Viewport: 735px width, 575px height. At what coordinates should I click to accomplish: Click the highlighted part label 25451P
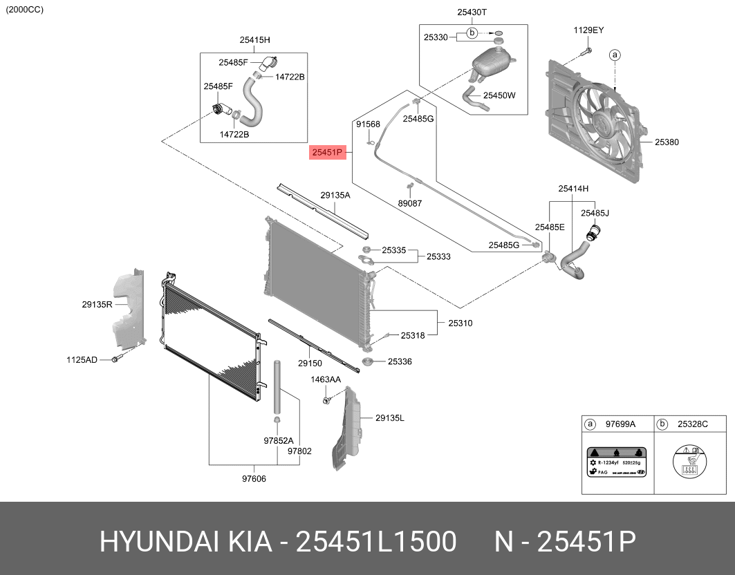click(x=327, y=153)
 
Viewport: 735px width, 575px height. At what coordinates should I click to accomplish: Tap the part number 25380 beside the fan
click(x=667, y=142)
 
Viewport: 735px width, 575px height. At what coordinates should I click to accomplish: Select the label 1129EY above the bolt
click(x=588, y=30)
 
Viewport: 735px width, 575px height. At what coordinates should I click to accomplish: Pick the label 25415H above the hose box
click(x=254, y=40)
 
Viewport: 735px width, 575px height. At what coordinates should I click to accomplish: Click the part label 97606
click(x=254, y=478)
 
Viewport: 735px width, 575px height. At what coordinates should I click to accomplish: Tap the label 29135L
click(x=390, y=418)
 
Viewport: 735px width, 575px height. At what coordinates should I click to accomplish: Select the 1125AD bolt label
click(x=82, y=359)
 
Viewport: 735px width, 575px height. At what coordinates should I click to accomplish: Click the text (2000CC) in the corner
click(x=24, y=9)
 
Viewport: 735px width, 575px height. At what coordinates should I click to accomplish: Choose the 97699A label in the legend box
click(x=620, y=424)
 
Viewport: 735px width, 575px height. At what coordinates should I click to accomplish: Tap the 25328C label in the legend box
click(x=692, y=424)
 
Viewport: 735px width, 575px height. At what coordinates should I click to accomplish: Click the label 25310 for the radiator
click(x=460, y=323)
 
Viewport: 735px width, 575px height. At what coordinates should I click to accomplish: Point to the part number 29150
click(x=310, y=364)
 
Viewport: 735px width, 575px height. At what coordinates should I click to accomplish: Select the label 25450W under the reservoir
click(x=499, y=95)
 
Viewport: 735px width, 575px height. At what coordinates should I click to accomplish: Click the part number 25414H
click(x=573, y=188)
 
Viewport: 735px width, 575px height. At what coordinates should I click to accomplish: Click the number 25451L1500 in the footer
click(x=376, y=543)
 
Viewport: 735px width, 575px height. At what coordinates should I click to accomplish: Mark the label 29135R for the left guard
click(x=97, y=303)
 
